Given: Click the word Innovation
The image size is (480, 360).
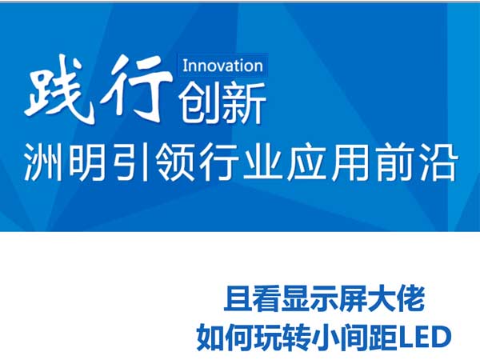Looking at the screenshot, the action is pyautogui.click(x=223, y=66).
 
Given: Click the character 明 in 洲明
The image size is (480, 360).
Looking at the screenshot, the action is pyautogui.click(x=88, y=162).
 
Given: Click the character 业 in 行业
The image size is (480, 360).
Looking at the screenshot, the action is pyautogui.click(x=262, y=162).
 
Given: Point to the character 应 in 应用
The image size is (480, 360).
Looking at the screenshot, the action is pyautogui.click(x=306, y=162).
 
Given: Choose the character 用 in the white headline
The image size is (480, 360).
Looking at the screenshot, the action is pyautogui.click(x=350, y=162).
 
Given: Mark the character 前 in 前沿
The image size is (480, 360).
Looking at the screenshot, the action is pyautogui.click(x=394, y=162).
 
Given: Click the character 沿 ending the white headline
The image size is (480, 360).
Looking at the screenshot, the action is pyautogui.click(x=438, y=162).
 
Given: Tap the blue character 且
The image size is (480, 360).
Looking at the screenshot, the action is pyautogui.click(x=237, y=298).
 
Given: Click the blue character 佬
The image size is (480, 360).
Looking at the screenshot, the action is pyautogui.click(x=411, y=298).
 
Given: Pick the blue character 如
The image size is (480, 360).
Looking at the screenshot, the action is pyautogui.click(x=209, y=338).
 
